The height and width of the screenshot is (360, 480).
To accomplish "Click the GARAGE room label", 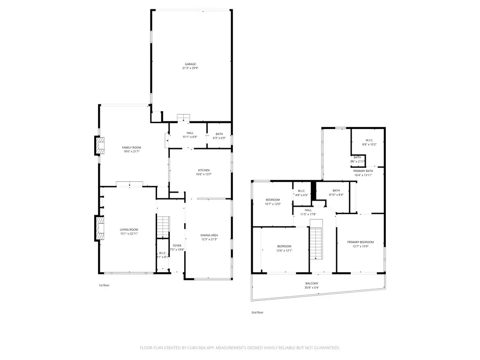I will point(190,64).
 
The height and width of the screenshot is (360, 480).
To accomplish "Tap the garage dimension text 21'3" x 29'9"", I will point(190,68).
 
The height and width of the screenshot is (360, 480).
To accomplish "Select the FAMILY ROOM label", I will point(131,147).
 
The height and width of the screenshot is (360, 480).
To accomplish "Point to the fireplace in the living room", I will point(99,228).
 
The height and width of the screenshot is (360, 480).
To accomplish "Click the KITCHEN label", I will point(203,170).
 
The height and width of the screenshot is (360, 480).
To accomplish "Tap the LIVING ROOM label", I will point(129,229).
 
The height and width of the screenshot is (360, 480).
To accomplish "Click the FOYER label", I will point(177,246).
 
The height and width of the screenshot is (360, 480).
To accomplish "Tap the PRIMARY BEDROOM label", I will point(360,242).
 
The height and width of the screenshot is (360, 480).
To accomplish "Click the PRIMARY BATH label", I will point(363,171).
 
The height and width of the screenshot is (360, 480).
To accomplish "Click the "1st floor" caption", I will point(104,285).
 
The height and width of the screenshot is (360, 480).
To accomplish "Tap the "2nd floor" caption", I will point(257,312).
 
